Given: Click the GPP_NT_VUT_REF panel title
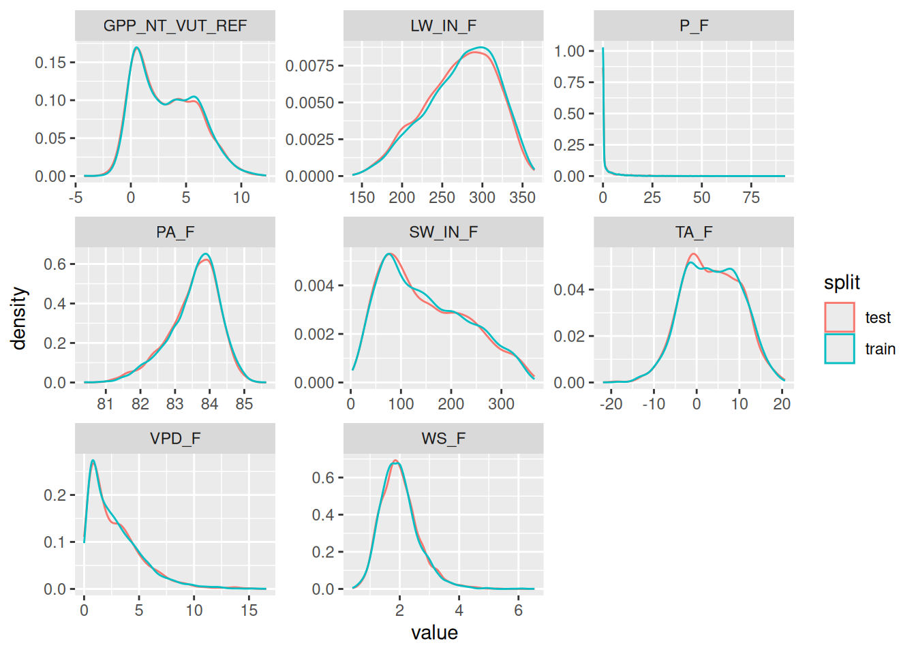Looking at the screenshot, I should (x=175, y=26).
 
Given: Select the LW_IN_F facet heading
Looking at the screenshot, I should (x=443, y=26).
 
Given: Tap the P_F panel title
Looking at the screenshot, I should (x=694, y=26).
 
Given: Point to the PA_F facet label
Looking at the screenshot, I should (x=175, y=232).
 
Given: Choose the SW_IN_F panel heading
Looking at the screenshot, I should (x=443, y=232).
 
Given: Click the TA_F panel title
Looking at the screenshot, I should (x=694, y=232).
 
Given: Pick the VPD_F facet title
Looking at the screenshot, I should (x=175, y=439).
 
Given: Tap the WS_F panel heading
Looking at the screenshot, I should (x=443, y=439).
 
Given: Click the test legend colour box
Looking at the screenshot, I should (x=840, y=317).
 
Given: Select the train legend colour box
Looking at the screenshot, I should (x=840, y=349).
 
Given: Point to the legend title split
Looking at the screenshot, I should (x=842, y=283).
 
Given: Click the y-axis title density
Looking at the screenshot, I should (x=19, y=318).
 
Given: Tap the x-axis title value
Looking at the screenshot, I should (x=434, y=633).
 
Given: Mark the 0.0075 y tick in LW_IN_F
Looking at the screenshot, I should (x=310, y=66).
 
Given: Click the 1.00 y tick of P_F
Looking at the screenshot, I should (x=569, y=51).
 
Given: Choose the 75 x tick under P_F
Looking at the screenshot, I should (x=751, y=198).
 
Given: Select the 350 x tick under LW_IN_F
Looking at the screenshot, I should (x=522, y=198).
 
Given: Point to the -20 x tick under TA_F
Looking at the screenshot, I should (x=611, y=404).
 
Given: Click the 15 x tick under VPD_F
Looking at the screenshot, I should (x=249, y=610).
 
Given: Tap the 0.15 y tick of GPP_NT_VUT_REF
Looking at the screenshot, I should (x=51, y=63).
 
